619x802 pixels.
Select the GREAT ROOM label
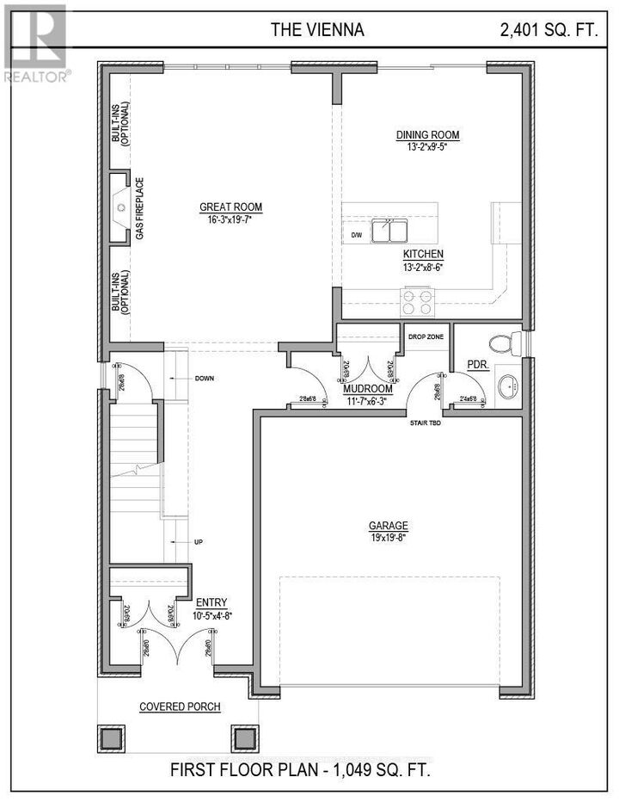tap(230, 207)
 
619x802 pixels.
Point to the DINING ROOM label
tap(427, 135)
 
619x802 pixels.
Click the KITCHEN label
tap(424, 255)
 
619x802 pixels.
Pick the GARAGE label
tap(389, 526)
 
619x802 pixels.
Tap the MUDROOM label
tap(368, 388)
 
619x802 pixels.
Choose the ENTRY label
tap(211, 602)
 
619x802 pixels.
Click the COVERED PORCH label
tap(181, 707)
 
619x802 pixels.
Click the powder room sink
tap(507, 386)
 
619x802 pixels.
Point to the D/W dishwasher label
tap(356, 235)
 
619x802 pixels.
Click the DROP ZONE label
tap(426, 336)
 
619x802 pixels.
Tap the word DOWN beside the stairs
tap(205, 379)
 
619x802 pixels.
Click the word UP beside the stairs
tap(199, 542)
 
